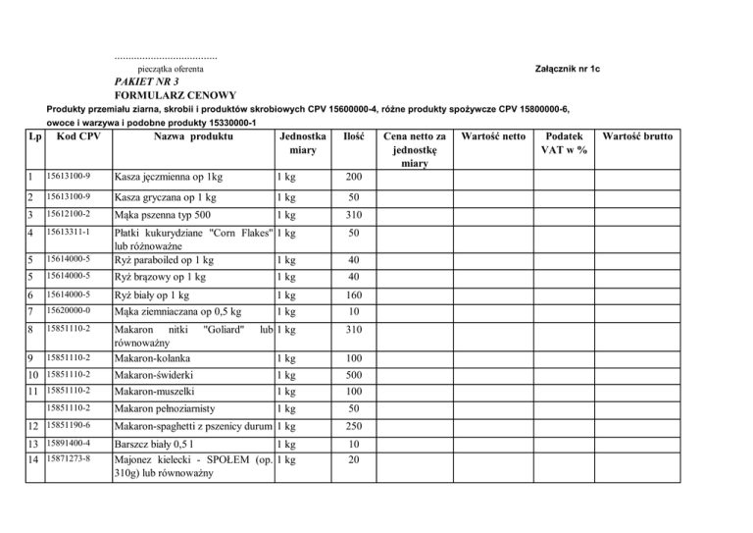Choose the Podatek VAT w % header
565,142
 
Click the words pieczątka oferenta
171,69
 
